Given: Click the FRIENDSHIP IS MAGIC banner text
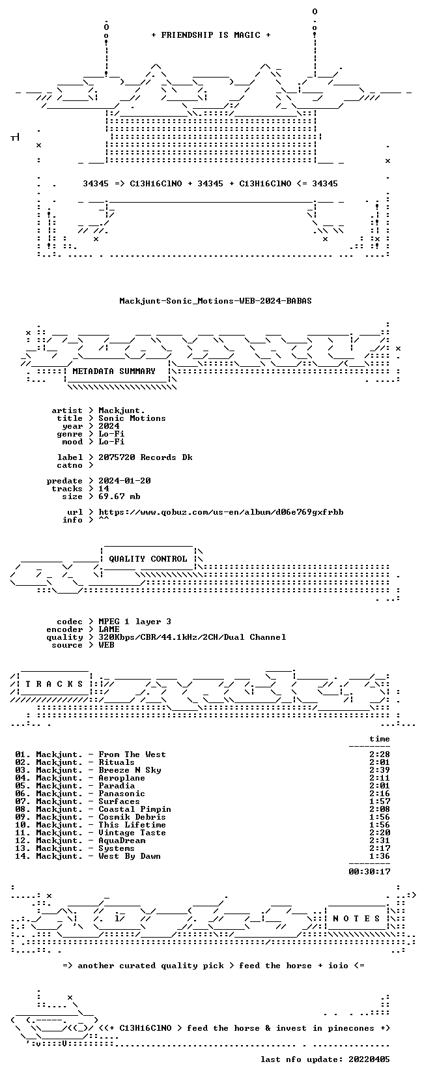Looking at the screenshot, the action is [x=211, y=35].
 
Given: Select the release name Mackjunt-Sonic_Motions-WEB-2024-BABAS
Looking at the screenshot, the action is [x=215, y=301].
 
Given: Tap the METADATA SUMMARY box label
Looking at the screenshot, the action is [x=114, y=371].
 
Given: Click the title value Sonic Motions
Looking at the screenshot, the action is [x=132, y=418].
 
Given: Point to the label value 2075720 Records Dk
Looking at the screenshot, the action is [x=145, y=457].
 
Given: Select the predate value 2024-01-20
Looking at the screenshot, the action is [x=124, y=481].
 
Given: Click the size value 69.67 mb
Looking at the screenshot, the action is [x=119, y=496].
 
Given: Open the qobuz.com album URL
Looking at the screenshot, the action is [x=221, y=512].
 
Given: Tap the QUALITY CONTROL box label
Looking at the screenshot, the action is [x=148, y=559].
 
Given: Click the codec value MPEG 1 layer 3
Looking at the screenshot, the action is [x=135, y=622].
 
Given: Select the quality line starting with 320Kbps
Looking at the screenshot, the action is [x=192, y=637].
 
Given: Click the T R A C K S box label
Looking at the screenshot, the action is [x=54, y=684].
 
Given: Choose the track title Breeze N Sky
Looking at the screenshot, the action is [x=130, y=770].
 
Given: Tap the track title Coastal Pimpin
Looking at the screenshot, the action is [x=135, y=809].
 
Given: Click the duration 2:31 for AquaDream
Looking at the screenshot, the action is [x=380, y=841].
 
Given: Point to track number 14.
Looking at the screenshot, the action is [x=22, y=856].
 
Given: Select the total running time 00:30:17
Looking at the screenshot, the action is [x=369, y=871].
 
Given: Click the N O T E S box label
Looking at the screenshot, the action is [x=357, y=919].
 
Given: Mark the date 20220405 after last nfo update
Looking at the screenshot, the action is [x=369, y=1059].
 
